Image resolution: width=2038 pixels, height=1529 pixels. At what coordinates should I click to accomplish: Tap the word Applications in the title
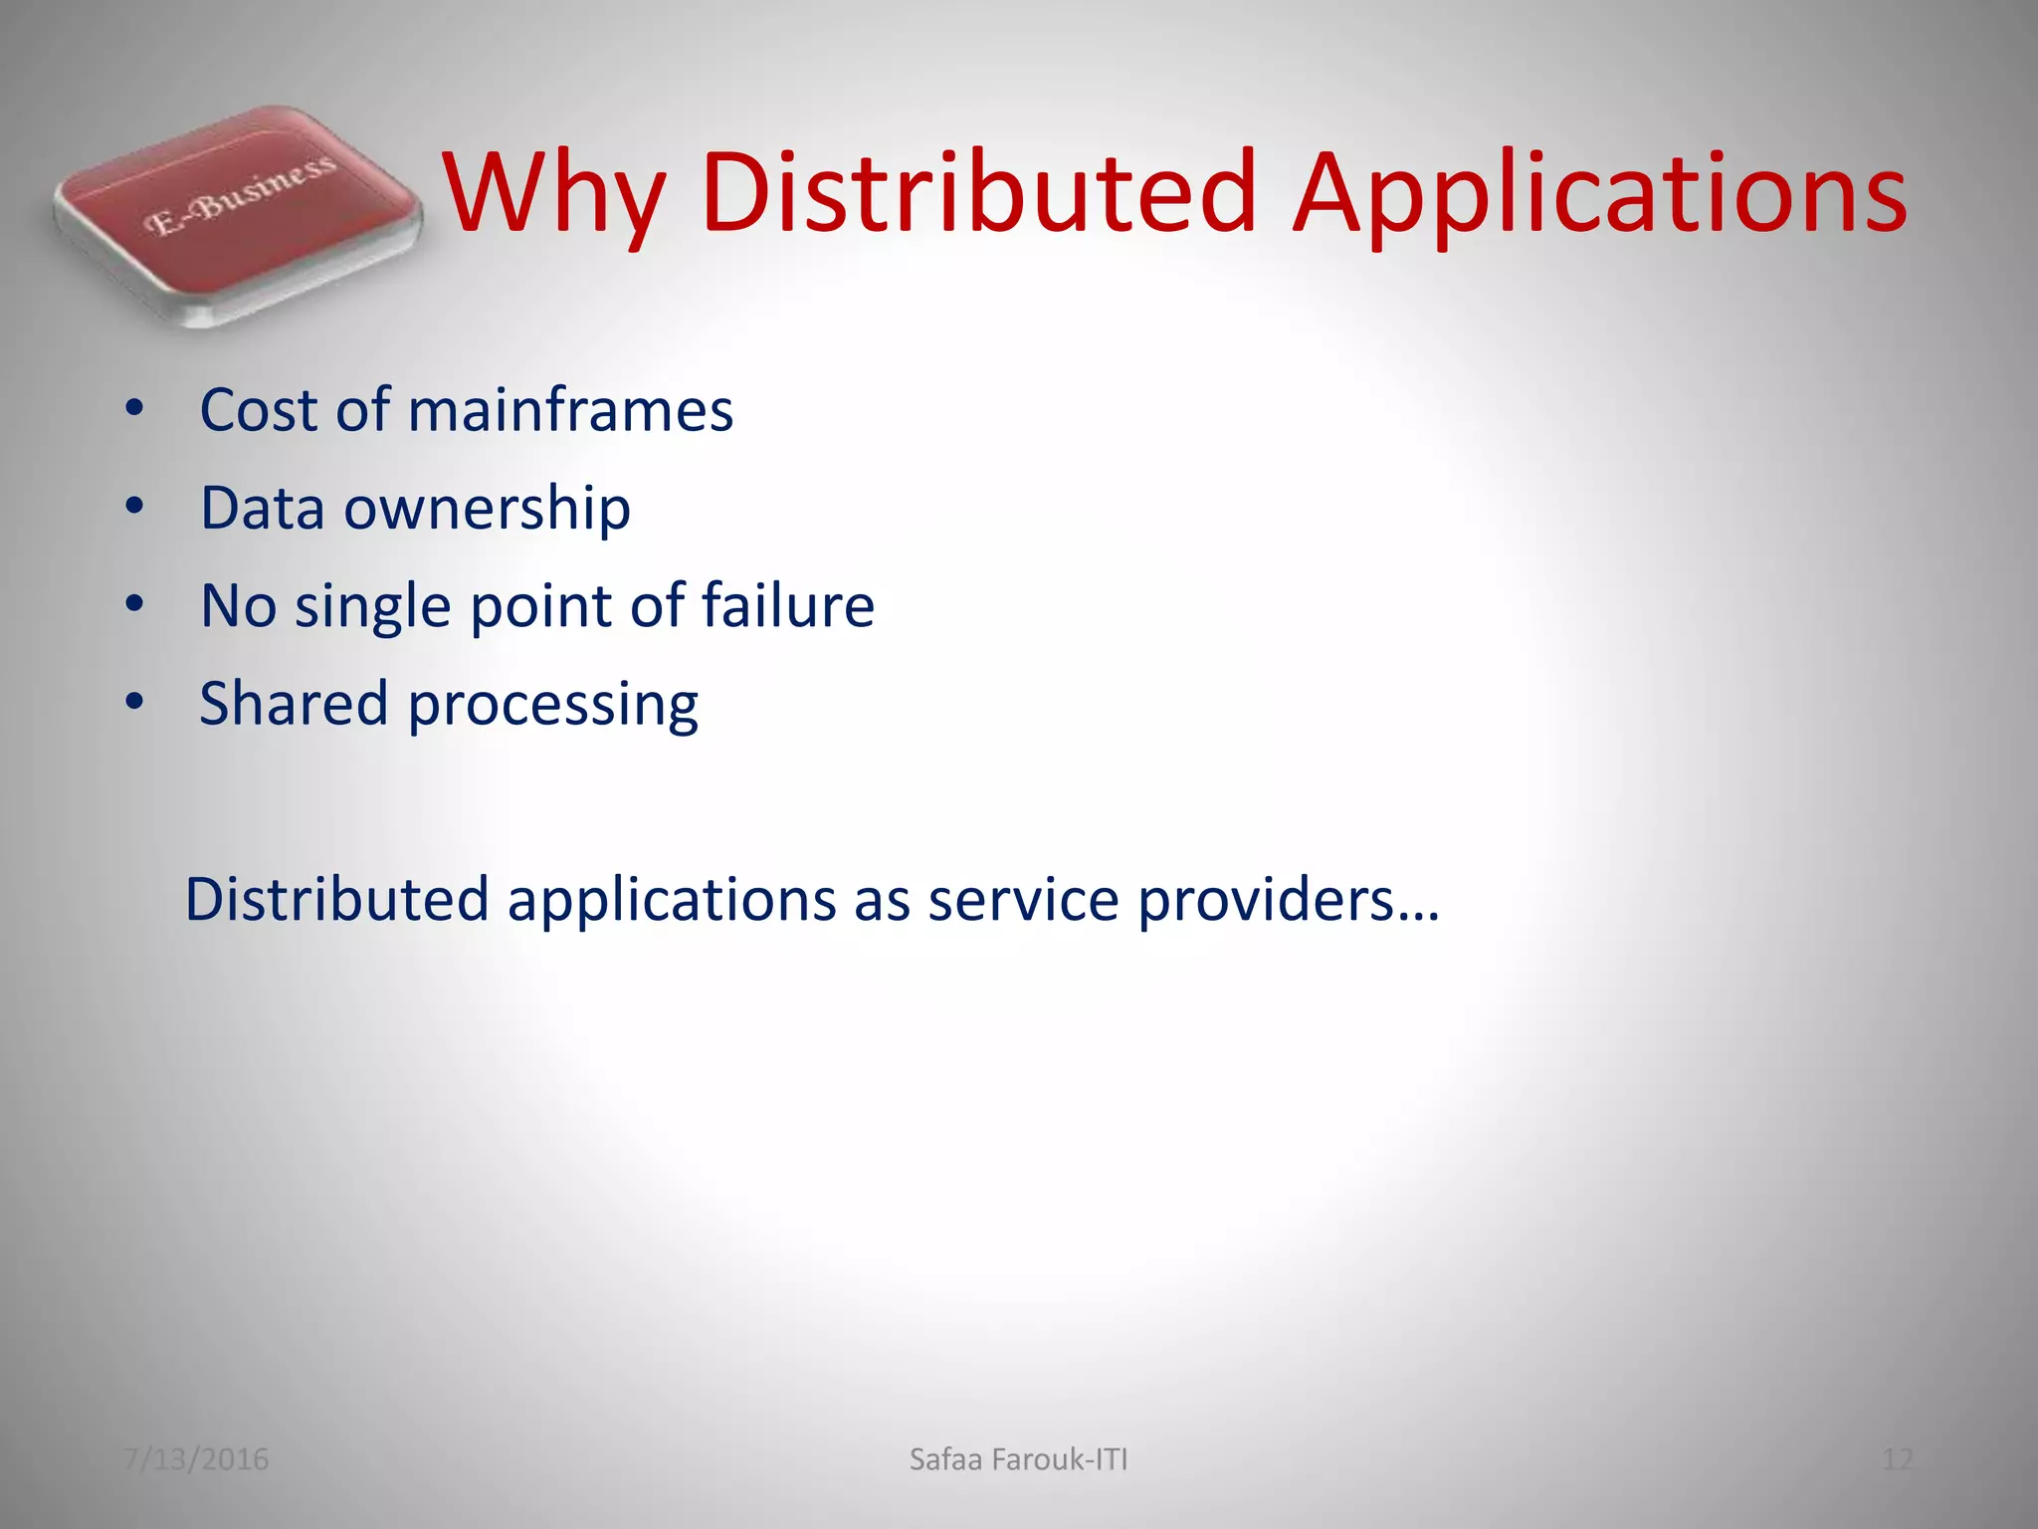1600,194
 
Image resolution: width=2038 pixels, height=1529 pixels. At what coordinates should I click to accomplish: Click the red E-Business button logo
237,211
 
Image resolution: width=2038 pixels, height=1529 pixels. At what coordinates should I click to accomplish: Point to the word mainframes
570,410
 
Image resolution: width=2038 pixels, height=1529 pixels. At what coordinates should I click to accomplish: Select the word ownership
487,510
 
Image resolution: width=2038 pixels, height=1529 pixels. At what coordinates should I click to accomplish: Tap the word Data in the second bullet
263,508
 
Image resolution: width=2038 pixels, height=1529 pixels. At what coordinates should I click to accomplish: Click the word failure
787,605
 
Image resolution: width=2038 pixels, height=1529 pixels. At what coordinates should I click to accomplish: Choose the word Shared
294,703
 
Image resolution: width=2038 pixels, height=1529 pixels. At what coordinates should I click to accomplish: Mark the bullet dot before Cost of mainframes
135,408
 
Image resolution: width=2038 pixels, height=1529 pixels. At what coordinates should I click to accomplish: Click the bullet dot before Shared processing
135,702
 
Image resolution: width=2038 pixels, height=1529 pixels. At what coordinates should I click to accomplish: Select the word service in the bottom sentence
1023,900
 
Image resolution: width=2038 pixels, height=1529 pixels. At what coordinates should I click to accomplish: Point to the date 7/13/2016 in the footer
196,1459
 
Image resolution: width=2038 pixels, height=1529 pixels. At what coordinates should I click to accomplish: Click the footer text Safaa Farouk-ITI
1019,1459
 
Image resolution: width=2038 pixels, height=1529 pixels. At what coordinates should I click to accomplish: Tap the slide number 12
1897,1459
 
